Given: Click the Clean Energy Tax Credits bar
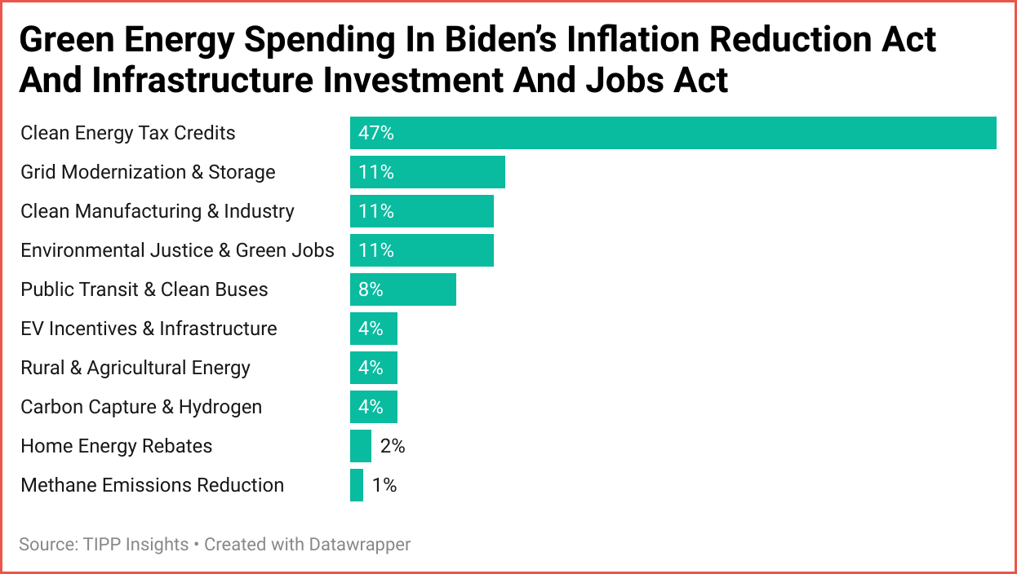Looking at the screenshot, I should (673, 133).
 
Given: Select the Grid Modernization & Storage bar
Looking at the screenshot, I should (427, 172).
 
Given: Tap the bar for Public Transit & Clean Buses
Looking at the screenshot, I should (402, 289).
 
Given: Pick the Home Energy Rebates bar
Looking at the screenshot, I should (360, 446).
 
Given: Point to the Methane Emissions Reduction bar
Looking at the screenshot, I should (356, 485).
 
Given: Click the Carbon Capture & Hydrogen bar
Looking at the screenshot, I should (373, 407).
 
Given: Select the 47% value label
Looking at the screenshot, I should (375, 133).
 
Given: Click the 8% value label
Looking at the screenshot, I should (371, 289).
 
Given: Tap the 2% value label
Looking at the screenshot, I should (392, 446).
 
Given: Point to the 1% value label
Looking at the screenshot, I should (384, 485).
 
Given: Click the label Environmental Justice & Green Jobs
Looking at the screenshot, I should (177, 250).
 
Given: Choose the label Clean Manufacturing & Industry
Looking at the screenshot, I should (157, 211).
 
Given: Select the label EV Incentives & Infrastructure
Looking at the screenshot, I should (149, 329).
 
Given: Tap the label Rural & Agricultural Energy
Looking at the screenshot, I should (135, 368).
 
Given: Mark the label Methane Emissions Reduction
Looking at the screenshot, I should (152, 485).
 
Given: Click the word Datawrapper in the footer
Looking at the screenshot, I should (359, 544).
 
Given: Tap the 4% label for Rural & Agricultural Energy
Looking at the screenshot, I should (371, 368).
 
